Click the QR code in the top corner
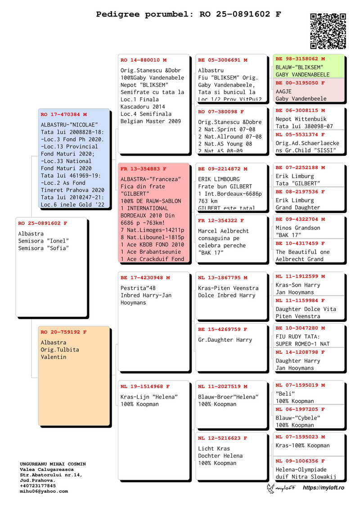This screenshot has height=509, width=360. click(x=328, y=31)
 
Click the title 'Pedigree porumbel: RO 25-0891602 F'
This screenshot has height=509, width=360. click(x=189, y=14)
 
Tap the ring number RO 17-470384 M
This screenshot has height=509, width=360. click(x=63, y=115)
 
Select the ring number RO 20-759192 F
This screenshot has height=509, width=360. click(x=63, y=332)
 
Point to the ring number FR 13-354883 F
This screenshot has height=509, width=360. click(x=143, y=169)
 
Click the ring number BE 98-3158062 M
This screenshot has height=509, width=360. click(x=300, y=59)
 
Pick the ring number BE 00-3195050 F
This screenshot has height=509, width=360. click(x=300, y=83)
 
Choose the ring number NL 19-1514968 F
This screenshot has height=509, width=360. click(x=145, y=387)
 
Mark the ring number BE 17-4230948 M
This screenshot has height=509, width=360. click(x=145, y=278)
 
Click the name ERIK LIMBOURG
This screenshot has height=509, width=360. click(x=219, y=179)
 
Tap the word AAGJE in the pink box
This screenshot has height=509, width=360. click(x=283, y=92)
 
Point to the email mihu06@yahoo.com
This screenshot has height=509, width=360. click(x=44, y=491)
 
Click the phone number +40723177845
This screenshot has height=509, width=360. click(x=38, y=486)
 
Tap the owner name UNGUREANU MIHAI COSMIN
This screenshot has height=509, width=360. click(x=53, y=464)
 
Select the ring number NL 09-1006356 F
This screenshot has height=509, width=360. click(x=300, y=461)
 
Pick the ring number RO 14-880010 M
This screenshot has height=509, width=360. click(x=143, y=60)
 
